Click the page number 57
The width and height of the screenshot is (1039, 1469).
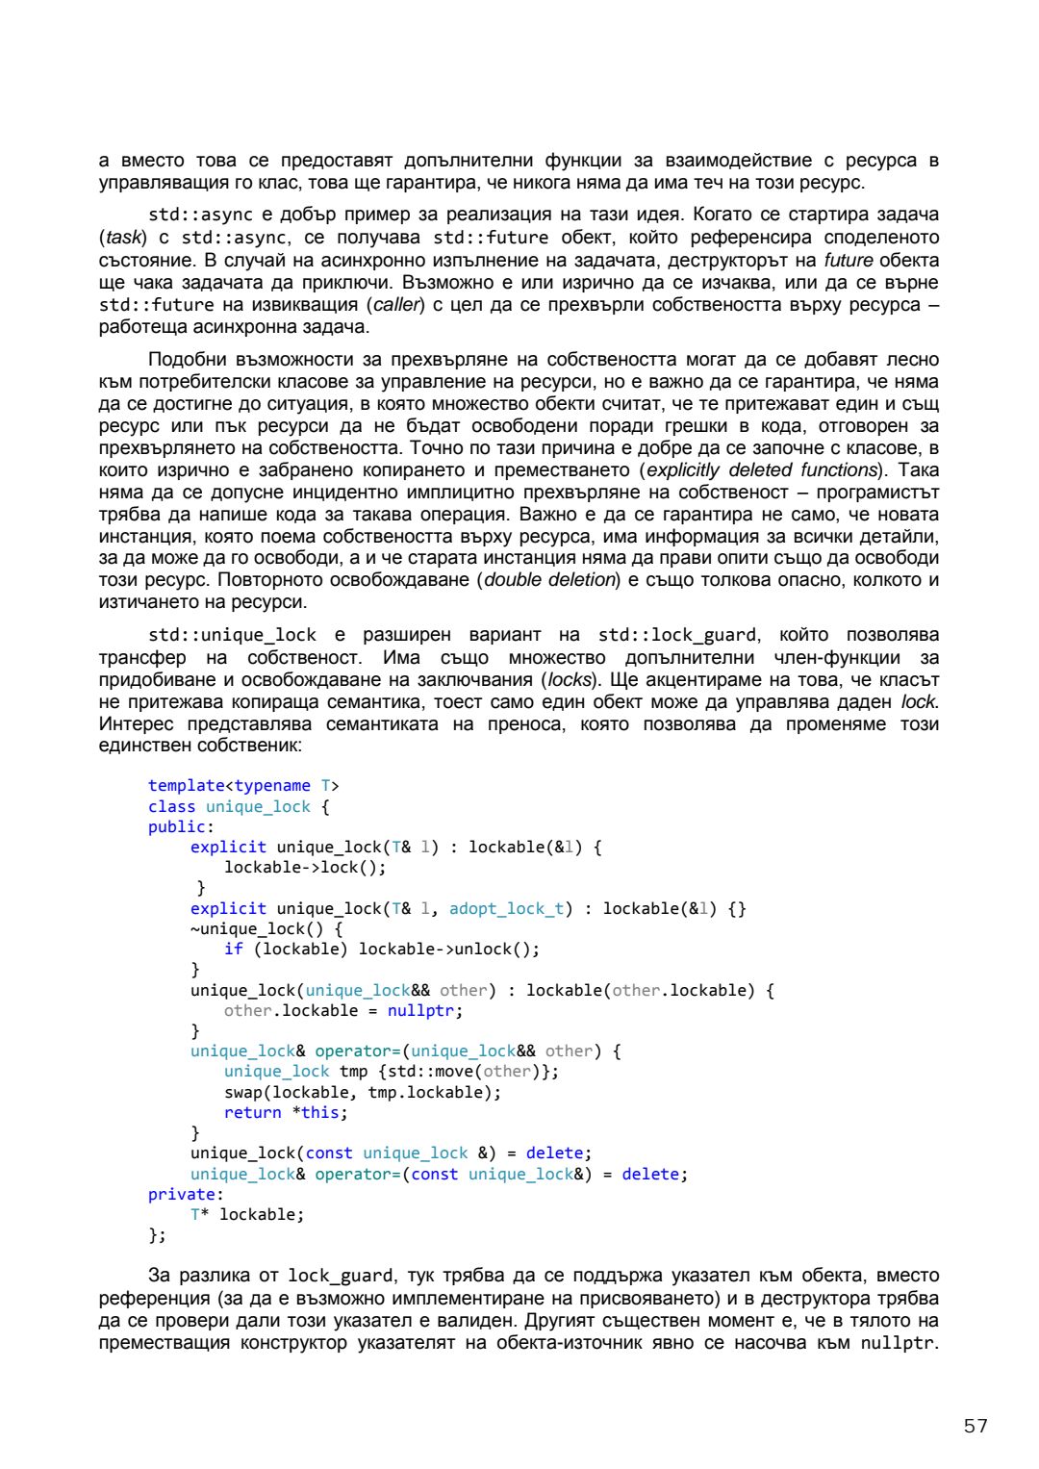(976, 1426)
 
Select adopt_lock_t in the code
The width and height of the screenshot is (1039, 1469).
(506, 908)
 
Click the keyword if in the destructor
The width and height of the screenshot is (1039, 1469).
(234, 949)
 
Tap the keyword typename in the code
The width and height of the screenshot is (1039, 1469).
(272, 786)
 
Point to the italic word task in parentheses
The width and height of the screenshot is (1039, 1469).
(124, 238)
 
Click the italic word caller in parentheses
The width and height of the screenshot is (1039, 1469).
(396, 305)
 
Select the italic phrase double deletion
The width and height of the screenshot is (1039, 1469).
(550, 580)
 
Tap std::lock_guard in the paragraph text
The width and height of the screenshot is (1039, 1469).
(677, 635)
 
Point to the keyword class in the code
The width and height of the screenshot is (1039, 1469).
(171, 806)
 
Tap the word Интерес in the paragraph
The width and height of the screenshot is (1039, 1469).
(134, 724)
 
